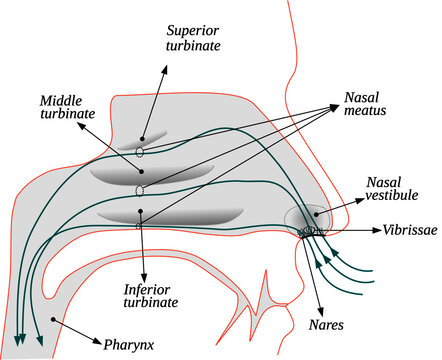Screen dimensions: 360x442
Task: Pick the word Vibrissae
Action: coord(409,229)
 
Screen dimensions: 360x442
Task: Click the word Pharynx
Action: coord(131,345)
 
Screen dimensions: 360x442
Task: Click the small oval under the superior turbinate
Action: coord(141,152)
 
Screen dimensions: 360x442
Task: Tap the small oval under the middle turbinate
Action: coord(141,189)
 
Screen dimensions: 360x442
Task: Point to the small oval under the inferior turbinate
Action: coord(139,227)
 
